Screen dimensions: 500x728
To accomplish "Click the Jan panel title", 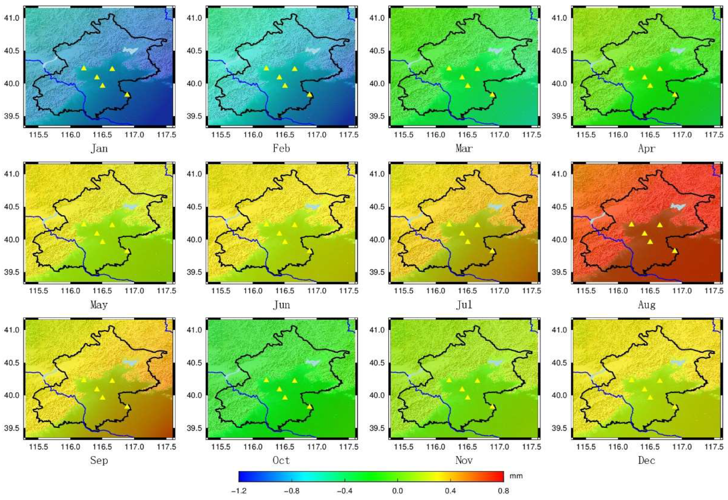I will [x=99, y=148].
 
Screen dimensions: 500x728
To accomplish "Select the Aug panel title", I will [x=647, y=304].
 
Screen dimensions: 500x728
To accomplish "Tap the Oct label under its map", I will [x=281, y=460].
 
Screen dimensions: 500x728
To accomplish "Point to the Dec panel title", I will [x=647, y=460].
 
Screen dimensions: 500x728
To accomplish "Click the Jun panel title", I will [x=281, y=304].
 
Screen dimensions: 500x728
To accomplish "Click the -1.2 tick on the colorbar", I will [x=239, y=491].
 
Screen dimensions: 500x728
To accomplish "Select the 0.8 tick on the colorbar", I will [x=503, y=491].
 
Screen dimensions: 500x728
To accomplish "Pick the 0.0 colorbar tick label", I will [x=397, y=491].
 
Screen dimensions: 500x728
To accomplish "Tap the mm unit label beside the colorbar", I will [x=516, y=476].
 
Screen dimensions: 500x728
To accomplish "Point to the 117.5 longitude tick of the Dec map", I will [x=714, y=447].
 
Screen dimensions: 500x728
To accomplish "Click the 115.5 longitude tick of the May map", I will [x=39, y=291].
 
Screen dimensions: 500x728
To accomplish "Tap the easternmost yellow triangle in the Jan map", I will [x=127, y=94].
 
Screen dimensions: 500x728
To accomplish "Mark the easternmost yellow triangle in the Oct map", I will [x=310, y=406].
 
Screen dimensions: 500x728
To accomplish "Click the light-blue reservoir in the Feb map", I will [x=313, y=50].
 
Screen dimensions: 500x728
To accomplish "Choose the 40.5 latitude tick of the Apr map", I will [x=559, y=51].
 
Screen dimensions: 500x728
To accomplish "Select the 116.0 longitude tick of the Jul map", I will [x=436, y=291].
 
